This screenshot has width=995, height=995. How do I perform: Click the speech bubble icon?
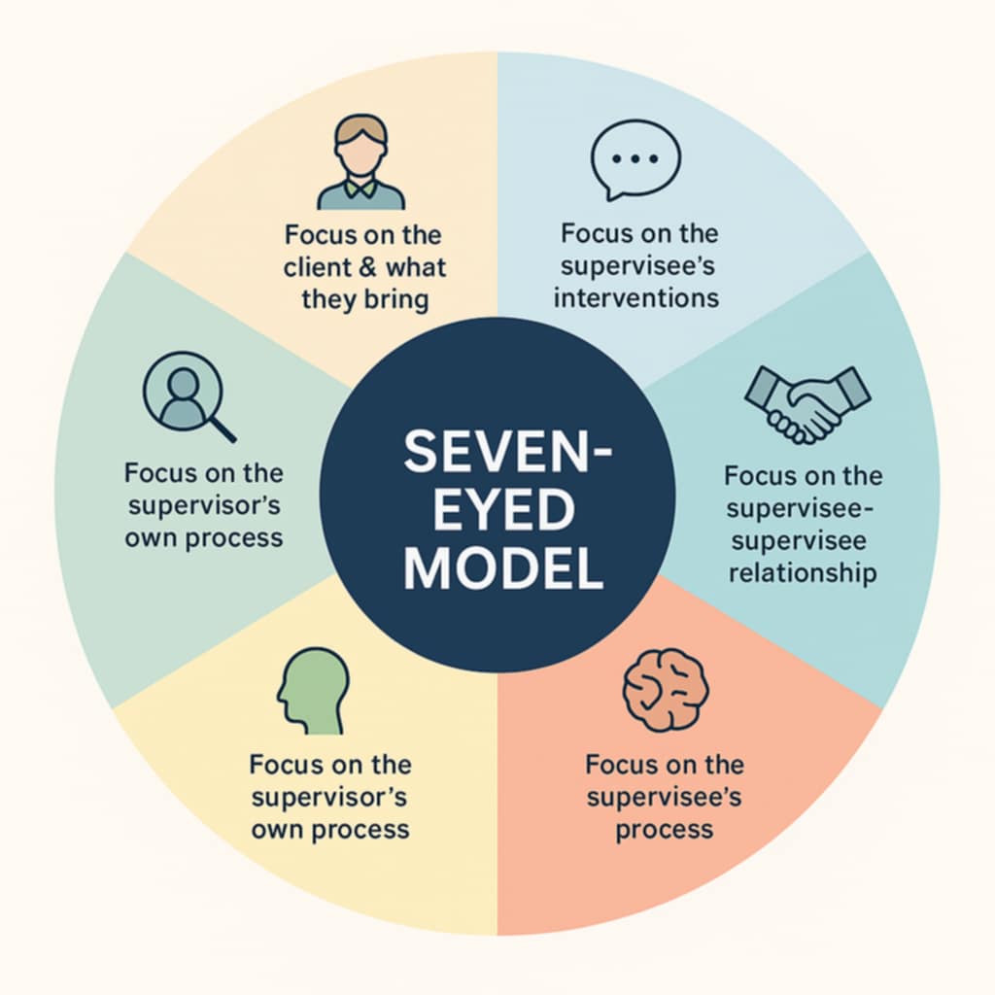[635, 160]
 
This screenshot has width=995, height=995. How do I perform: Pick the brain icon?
[666, 689]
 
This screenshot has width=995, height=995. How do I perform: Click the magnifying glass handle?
[223, 428]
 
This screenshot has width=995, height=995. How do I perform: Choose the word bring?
[395, 298]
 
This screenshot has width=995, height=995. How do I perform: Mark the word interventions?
[636, 296]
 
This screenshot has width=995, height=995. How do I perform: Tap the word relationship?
[803, 573]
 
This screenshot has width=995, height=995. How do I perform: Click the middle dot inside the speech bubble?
[635, 157]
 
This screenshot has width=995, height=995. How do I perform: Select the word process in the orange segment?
[664, 830]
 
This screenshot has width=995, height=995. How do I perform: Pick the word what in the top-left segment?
[416, 266]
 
